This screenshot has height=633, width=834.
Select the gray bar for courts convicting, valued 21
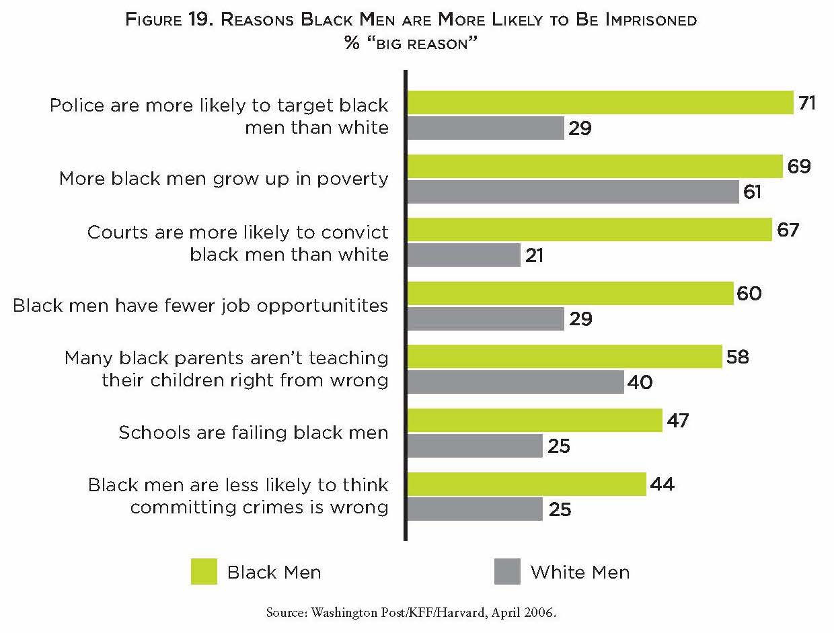tap(464, 255)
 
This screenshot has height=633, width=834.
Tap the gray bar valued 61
tap(573, 192)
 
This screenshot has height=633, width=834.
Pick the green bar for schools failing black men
tap(535, 421)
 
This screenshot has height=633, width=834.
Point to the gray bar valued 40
tap(515, 382)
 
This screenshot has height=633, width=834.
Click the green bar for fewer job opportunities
tap(570, 294)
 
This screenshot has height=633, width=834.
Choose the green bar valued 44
tap(527, 484)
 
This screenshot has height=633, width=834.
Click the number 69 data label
tap(800, 167)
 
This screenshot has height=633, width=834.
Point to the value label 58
tap(738, 357)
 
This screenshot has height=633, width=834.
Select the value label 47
tap(679, 421)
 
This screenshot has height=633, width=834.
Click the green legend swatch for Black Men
tap(204, 572)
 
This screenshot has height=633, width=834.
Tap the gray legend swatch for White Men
tap(507, 572)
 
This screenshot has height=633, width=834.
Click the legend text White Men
tap(580, 573)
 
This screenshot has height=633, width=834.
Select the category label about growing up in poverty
tap(224, 179)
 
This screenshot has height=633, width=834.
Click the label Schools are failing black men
tap(254, 432)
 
